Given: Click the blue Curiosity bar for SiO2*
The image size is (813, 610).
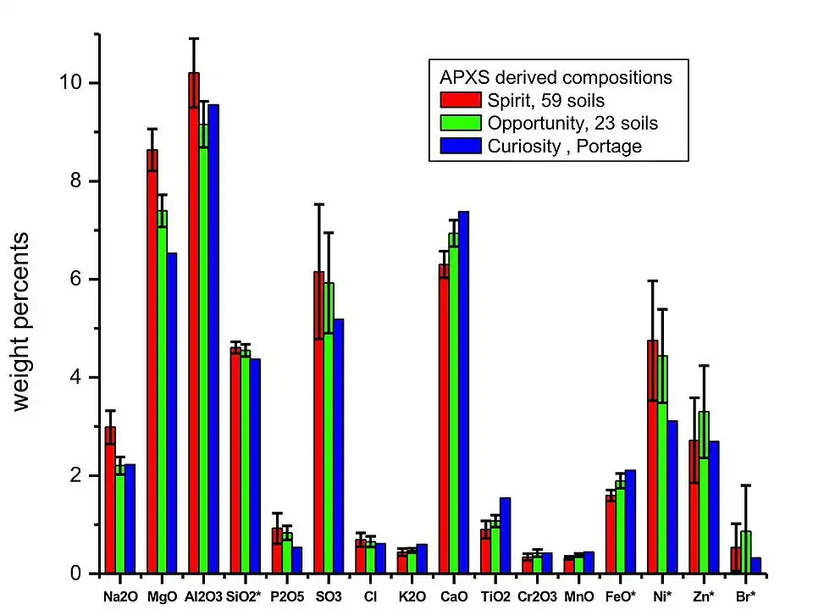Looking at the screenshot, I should [x=255, y=466].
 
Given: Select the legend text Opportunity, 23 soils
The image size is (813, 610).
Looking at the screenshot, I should [x=572, y=123].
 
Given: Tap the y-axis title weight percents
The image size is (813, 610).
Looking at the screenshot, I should [x=21, y=321].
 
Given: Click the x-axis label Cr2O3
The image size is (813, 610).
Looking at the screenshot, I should [x=538, y=596].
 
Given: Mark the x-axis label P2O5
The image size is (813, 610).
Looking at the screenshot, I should [x=287, y=596].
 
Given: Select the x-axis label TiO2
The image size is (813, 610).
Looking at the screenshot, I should [x=495, y=596].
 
